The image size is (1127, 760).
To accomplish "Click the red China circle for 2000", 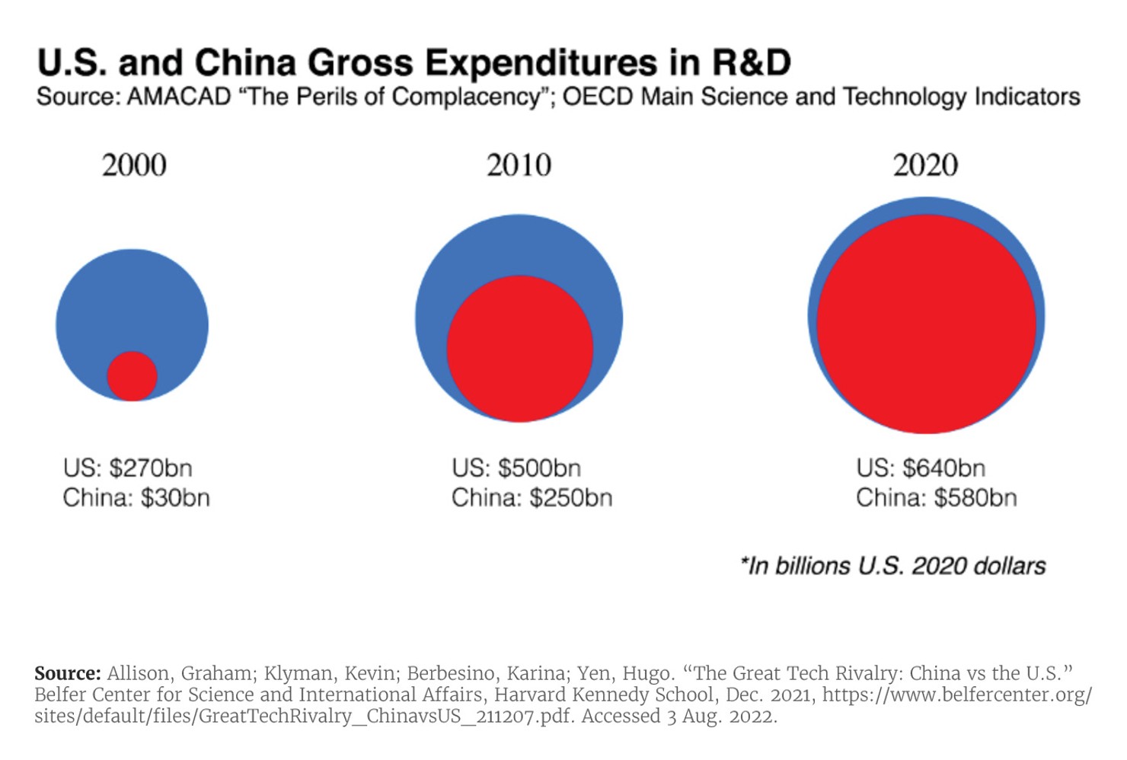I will coord(132,376).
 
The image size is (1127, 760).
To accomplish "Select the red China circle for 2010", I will coord(520,349).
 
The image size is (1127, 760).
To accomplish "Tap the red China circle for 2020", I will coord(927,324).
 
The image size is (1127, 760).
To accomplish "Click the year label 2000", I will coord(134,165).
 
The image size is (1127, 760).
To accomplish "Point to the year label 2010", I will coord(519,165).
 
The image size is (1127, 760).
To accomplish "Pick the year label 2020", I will coord(925,165).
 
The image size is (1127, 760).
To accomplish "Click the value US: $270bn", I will coord(128,468).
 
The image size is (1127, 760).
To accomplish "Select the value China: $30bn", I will coord(136,498).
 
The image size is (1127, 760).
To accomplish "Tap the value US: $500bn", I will coord(516,468).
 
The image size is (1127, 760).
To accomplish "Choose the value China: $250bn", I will coord(532,498).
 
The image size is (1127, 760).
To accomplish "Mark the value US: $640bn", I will coord(921,468).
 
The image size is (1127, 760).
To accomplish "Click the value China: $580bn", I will coord(936,498).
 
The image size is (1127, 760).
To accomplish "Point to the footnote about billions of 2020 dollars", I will coord(892,566).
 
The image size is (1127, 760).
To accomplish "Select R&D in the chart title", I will coord(752,62).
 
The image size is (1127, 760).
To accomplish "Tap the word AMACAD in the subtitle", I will coord(179,97).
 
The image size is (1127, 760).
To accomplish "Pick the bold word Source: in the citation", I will coord(68,673).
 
